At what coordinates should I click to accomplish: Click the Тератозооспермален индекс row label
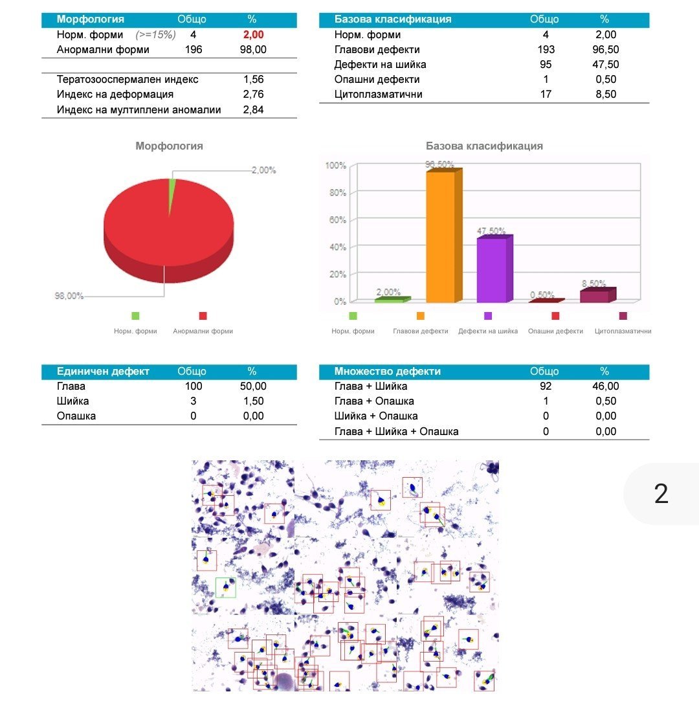click(x=128, y=80)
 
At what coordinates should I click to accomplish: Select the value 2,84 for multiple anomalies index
click(x=253, y=110)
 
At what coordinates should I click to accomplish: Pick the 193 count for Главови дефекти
click(x=546, y=50)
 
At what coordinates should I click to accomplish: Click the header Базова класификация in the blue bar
click(x=393, y=19)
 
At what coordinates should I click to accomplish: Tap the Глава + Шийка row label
click(x=371, y=386)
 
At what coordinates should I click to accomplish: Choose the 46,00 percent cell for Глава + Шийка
click(x=606, y=386)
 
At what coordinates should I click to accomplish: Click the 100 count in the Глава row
click(x=193, y=386)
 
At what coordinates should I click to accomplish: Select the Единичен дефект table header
click(x=103, y=372)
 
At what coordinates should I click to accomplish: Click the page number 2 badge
click(x=661, y=494)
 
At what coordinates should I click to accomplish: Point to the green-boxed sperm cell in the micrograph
click(x=225, y=587)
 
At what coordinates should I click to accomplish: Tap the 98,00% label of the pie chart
click(x=69, y=296)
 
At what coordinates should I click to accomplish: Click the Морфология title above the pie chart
click(x=169, y=146)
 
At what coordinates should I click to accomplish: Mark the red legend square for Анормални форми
click(x=203, y=316)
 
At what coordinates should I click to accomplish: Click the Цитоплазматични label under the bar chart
click(x=623, y=331)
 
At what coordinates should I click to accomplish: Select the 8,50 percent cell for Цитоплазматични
click(x=606, y=95)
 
